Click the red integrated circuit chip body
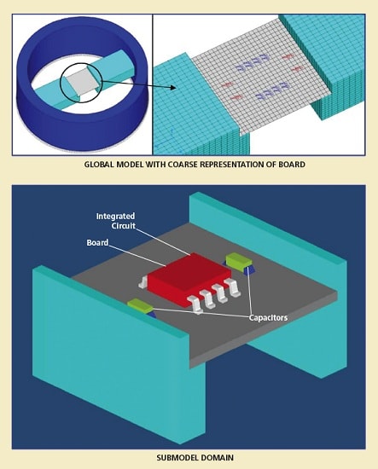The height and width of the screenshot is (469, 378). tap(189, 280)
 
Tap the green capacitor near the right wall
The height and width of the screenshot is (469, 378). tap(239, 259)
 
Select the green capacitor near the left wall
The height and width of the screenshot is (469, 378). tap(140, 305)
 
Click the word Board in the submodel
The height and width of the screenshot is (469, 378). tap(97, 242)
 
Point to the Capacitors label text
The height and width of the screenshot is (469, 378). tap(268, 317)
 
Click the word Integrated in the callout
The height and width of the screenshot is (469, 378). tap(115, 217)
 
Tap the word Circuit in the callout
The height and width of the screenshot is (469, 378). tap(124, 225)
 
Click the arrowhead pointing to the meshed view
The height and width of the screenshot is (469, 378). tap(172, 87)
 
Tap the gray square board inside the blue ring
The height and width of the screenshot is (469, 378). tap(81, 83)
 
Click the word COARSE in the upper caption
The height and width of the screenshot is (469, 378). tap(183, 165)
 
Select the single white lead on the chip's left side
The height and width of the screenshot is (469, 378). tap(142, 282)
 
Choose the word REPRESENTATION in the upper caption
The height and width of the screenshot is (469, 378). tap(231, 165)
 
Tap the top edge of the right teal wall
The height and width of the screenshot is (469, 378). tap(269, 226)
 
